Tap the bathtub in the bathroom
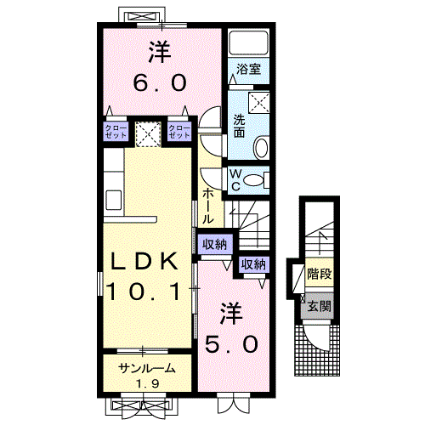(248, 42)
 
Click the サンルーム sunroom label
(146, 368)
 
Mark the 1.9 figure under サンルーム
(147, 383)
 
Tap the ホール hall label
(208, 205)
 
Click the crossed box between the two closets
(148, 132)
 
